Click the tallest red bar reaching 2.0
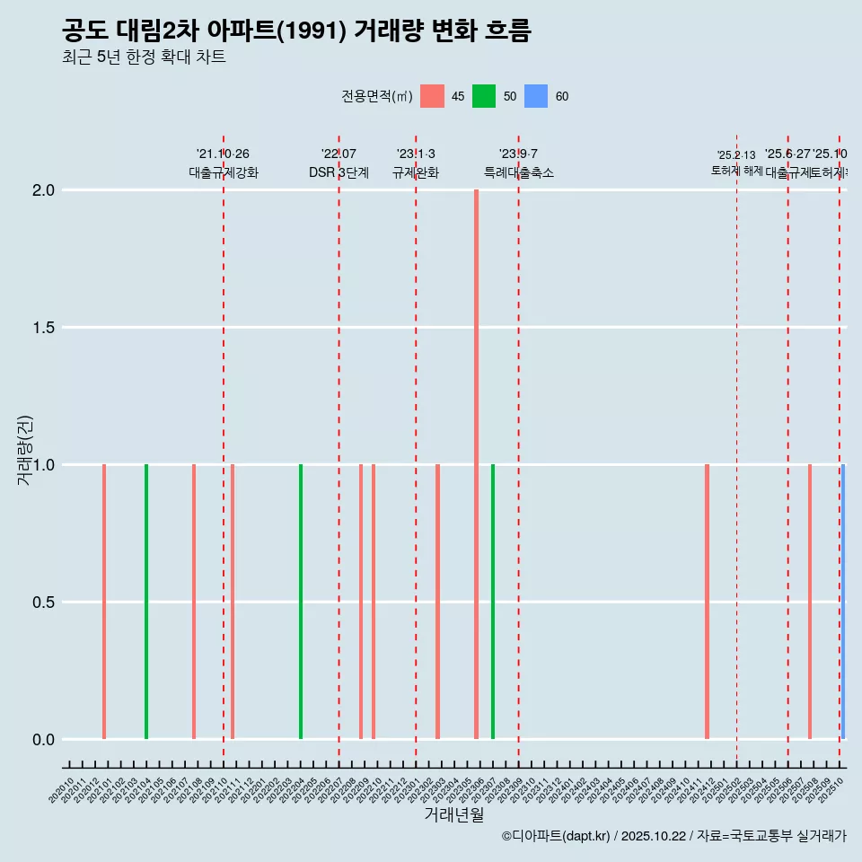tap(476, 464)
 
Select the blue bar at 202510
tap(843, 602)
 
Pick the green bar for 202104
tap(146, 602)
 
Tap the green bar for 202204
tap(301, 602)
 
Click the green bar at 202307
tap(493, 602)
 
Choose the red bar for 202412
tap(708, 602)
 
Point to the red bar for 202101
tap(104, 602)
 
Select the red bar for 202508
tap(810, 602)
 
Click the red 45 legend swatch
tap(432, 96)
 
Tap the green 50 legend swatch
tap(484, 96)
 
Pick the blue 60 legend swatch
tap(536, 96)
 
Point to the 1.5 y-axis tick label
tap(44, 328)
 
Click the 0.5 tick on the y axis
tap(44, 603)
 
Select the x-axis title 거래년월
tap(454, 814)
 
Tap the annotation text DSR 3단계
tap(339, 172)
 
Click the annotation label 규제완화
tap(416, 172)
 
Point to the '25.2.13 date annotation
tap(736, 155)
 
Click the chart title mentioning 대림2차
tap(296, 31)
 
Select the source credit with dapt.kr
tap(673, 836)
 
